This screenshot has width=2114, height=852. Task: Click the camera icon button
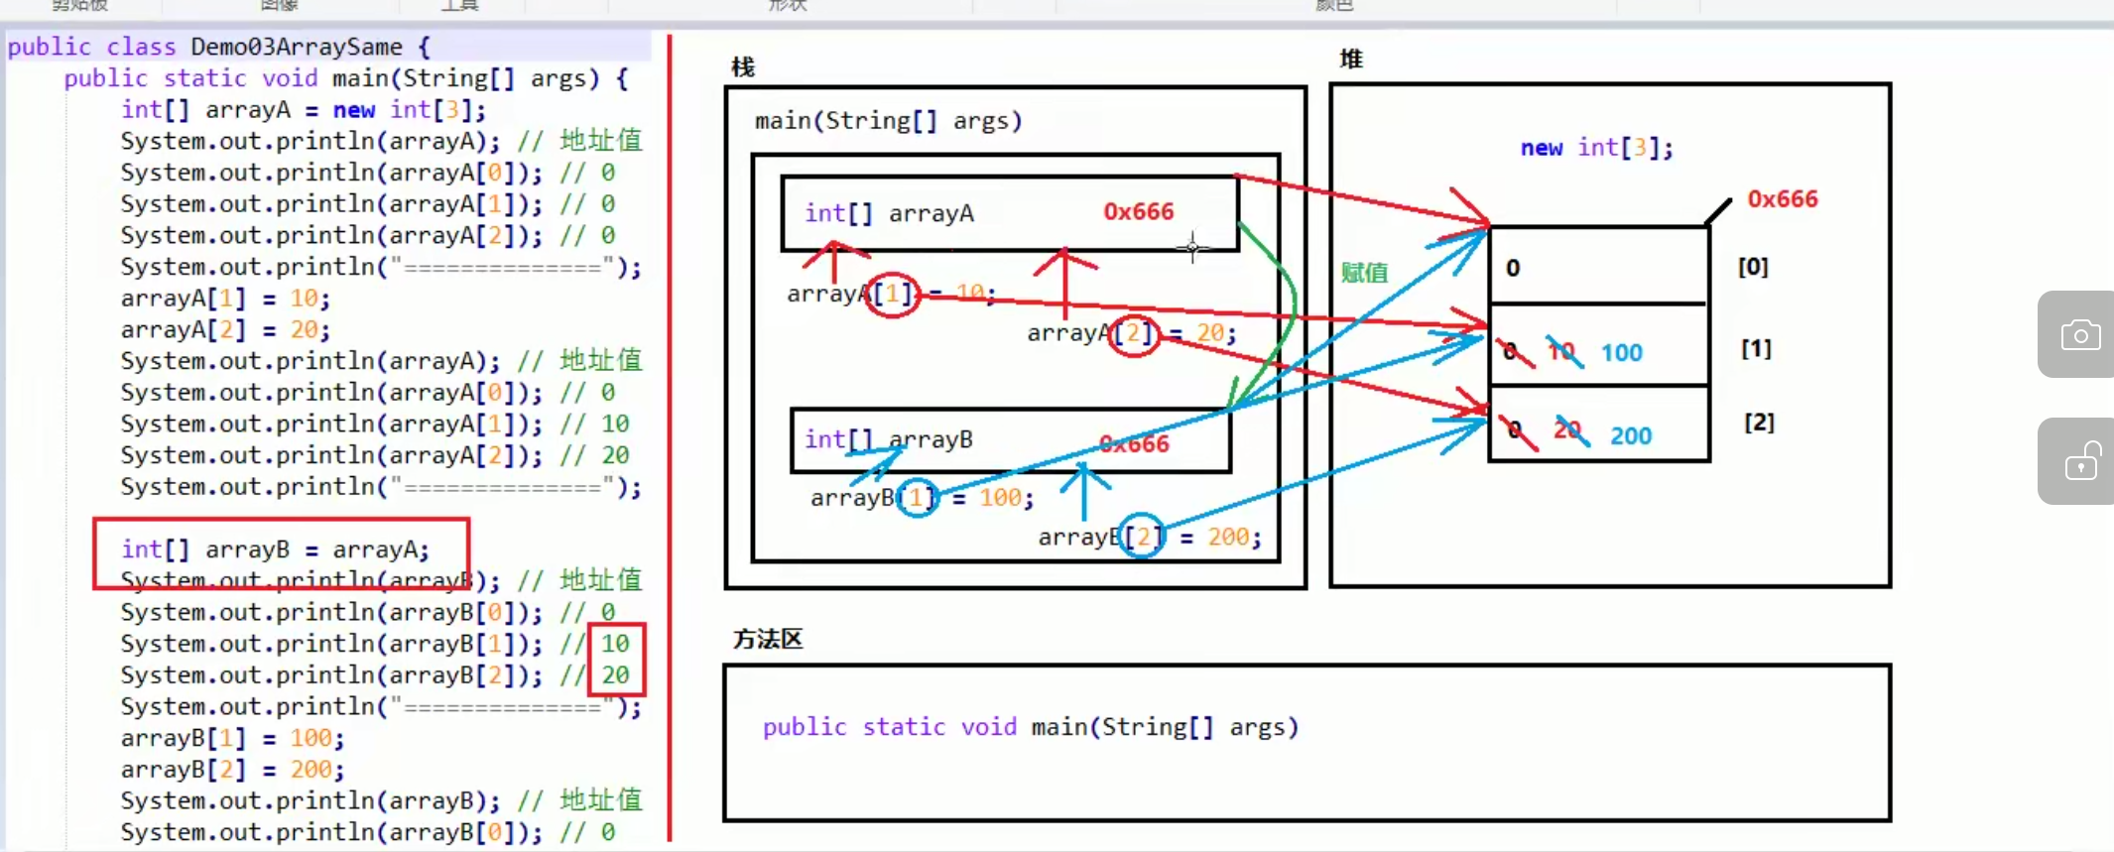click(2080, 335)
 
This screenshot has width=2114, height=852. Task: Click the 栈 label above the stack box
click(743, 66)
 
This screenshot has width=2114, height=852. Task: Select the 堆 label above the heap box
click(1350, 59)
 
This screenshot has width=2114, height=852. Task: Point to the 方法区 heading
click(768, 639)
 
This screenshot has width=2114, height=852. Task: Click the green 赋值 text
click(1364, 273)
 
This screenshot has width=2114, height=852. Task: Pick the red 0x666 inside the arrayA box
click(1138, 211)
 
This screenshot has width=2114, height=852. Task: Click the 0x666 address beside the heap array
click(1782, 199)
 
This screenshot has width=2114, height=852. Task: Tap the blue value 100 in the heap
click(1621, 353)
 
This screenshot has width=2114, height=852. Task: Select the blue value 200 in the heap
click(1630, 435)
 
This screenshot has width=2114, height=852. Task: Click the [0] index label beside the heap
click(1753, 267)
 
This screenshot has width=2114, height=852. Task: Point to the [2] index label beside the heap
click(1759, 423)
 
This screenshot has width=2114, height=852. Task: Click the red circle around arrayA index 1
click(893, 294)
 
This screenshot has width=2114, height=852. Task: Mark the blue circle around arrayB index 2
click(1143, 537)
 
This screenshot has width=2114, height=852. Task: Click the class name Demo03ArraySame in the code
click(296, 47)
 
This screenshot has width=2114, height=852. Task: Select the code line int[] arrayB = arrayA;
click(275, 549)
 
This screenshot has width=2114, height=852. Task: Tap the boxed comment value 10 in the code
click(615, 644)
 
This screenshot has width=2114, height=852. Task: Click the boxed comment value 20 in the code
click(615, 675)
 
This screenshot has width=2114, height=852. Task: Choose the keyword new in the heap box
click(1541, 149)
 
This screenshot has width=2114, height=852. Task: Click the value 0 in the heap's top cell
click(1512, 268)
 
